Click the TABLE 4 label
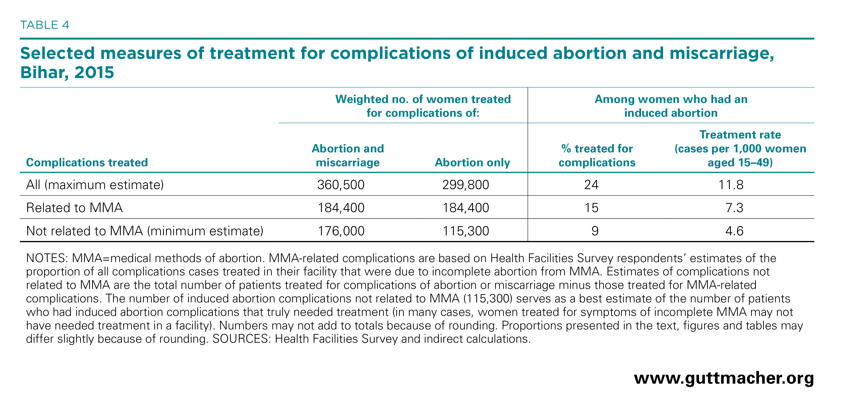pyautogui.click(x=45, y=25)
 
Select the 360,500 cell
pyautogui.click(x=341, y=185)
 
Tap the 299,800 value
pyautogui.click(x=466, y=185)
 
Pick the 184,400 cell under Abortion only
pyautogui.click(x=466, y=208)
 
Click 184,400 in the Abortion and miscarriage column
pyautogui.click(x=341, y=208)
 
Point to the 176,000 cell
pyautogui.click(x=341, y=231)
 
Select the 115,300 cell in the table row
pyautogui.click(x=466, y=231)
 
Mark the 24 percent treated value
pyautogui.click(x=591, y=185)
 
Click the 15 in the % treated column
pyautogui.click(x=591, y=208)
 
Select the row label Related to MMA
pyautogui.click(x=74, y=208)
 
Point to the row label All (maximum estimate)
pyautogui.click(x=95, y=185)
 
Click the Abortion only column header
pyautogui.click(x=472, y=162)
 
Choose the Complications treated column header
pyautogui.click(x=87, y=162)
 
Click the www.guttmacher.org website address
pyautogui.click(x=724, y=378)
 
